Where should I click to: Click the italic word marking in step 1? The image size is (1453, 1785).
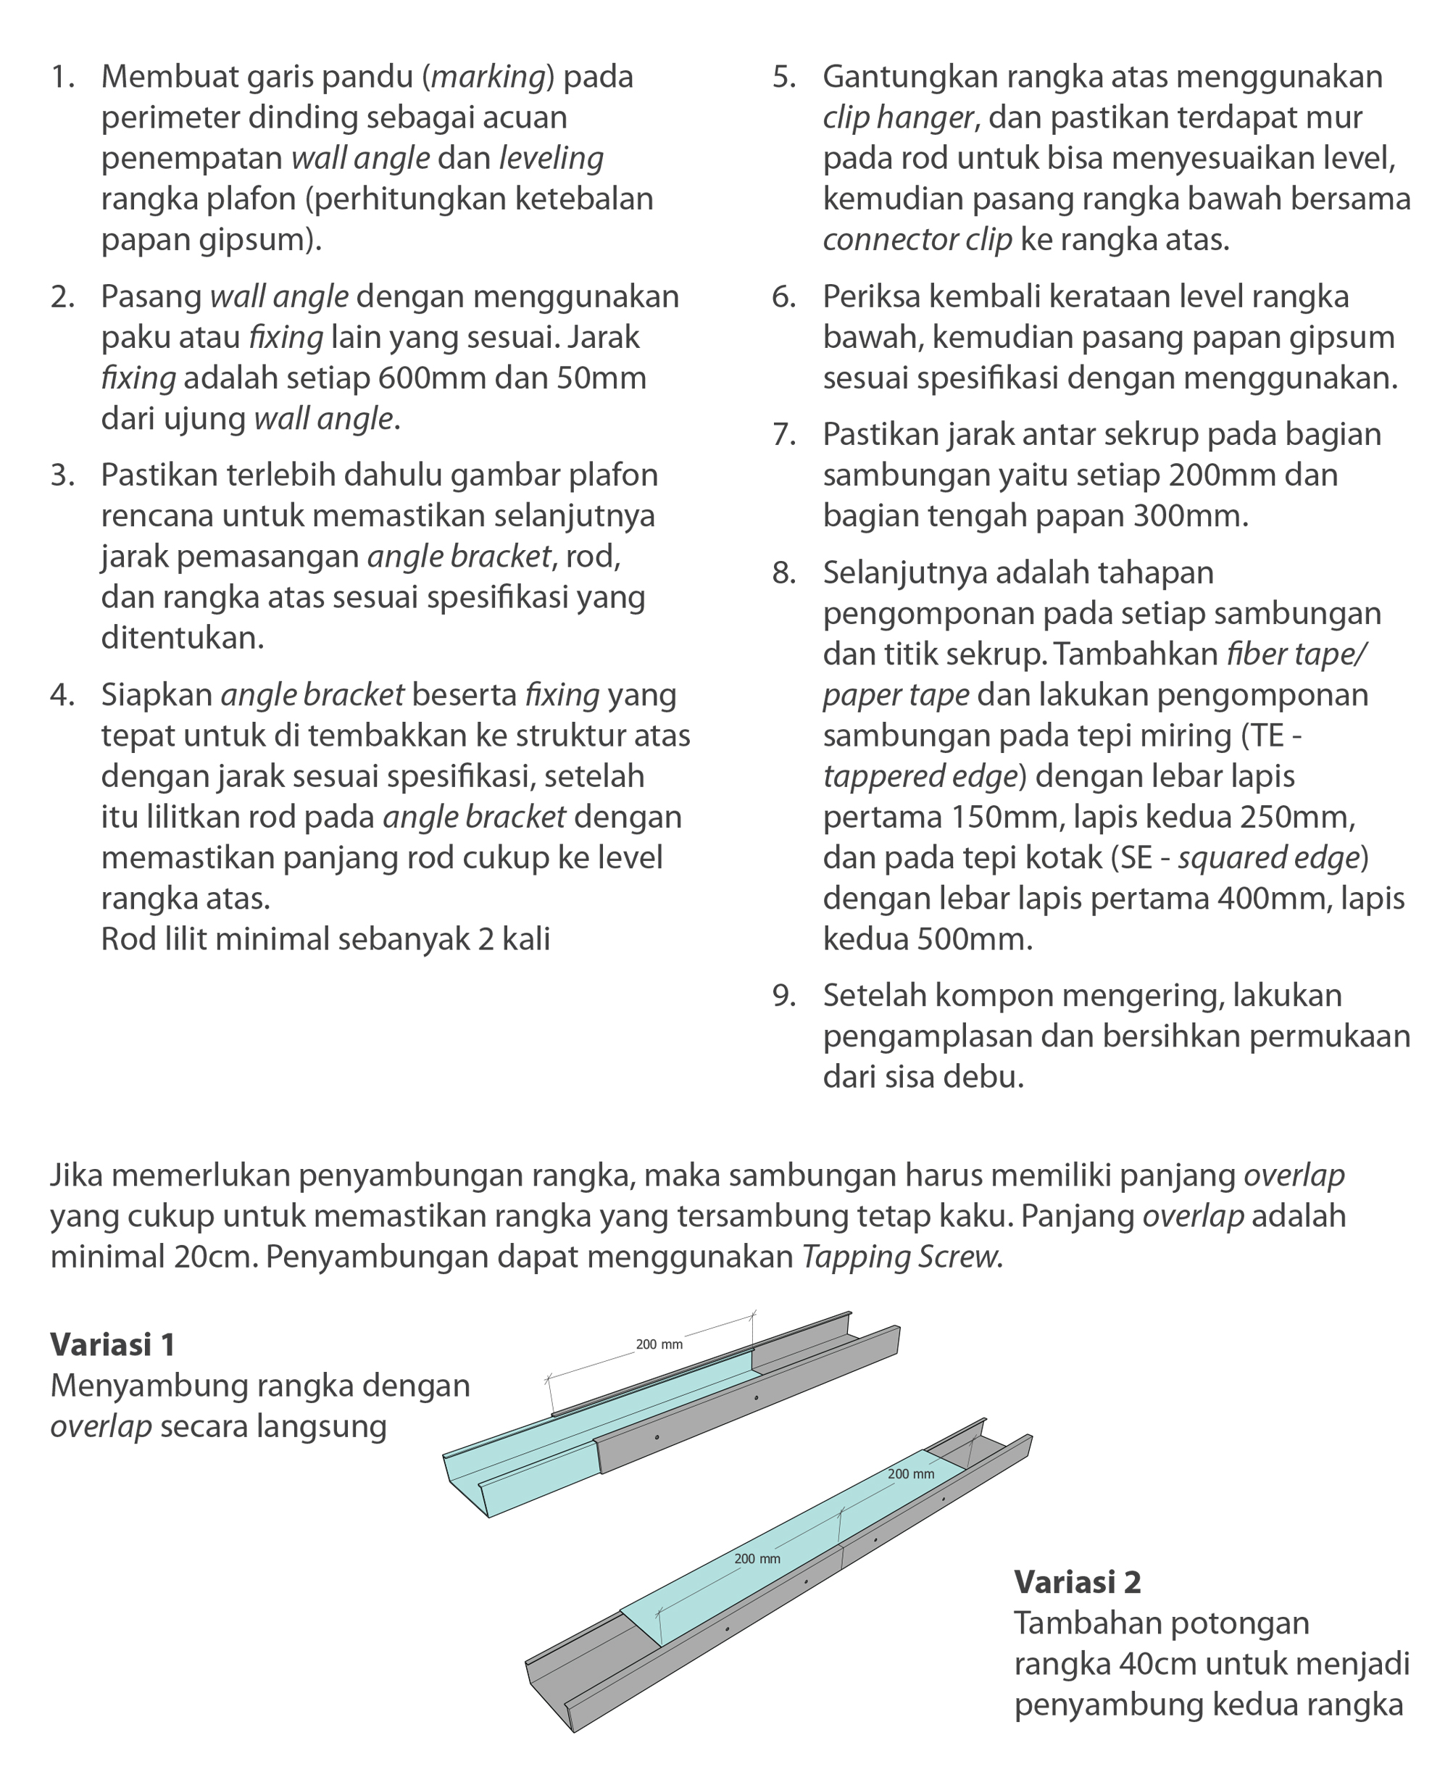(488, 77)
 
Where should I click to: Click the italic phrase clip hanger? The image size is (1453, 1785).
(898, 118)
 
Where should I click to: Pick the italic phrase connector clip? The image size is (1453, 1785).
(917, 240)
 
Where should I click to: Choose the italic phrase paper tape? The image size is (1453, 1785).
(896, 694)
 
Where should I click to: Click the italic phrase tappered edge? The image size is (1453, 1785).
(919, 777)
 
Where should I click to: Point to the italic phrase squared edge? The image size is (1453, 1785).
(1268, 858)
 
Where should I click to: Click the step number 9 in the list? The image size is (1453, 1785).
(783, 996)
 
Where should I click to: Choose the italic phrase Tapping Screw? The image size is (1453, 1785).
(902, 1257)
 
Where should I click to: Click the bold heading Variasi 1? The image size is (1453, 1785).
(113, 1345)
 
